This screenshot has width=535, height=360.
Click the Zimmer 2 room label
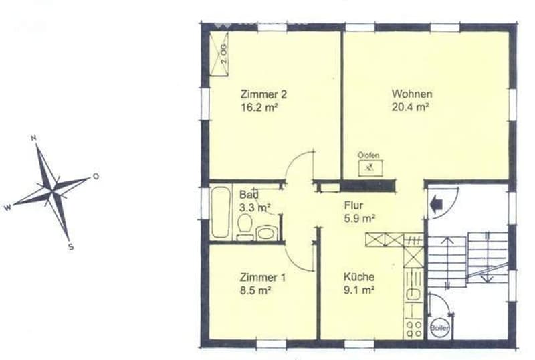tap(263, 94)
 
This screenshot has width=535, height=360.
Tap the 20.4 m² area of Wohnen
tap(410, 107)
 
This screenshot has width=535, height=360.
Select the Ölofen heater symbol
tap(370, 168)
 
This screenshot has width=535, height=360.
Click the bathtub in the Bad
tap(221, 212)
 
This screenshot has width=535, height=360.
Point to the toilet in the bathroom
tap(245, 226)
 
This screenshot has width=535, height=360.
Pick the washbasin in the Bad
tap(266, 233)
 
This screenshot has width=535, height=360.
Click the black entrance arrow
tap(436, 205)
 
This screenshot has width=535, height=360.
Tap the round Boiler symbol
tap(439, 328)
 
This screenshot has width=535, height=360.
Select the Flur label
tap(354, 205)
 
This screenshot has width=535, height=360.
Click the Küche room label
tap(359, 276)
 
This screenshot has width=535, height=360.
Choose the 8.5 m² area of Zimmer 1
tap(255, 290)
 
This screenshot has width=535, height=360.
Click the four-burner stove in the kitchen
tap(413, 329)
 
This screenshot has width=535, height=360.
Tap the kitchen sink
tap(413, 294)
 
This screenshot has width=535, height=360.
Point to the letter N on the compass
tap(33, 138)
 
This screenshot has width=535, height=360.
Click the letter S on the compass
tap(71, 247)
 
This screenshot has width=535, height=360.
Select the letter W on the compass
tap(8, 207)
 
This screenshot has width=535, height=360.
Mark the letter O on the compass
tap(96, 176)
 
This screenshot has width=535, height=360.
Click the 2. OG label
tap(223, 54)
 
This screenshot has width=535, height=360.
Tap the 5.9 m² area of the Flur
tap(360, 219)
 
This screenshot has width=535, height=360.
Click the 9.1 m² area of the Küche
tap(359, 290)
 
